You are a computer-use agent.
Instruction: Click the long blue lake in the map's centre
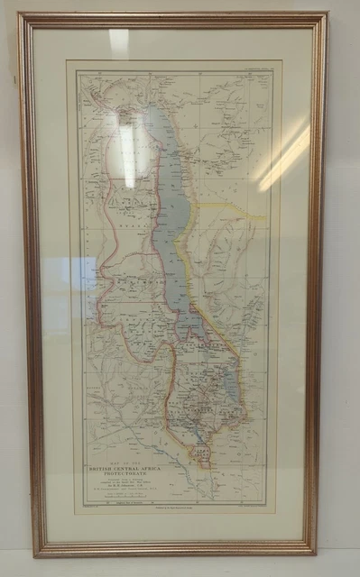click(172, 225)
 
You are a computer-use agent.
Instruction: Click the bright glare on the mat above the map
click(119, 42)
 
